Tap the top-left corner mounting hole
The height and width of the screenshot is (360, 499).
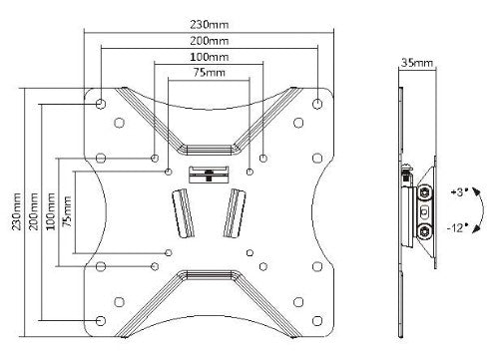point(102,103)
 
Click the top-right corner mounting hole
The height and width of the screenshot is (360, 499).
point(317,103)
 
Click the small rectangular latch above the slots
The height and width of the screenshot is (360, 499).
point(209,176)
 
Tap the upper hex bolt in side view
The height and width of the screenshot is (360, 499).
point(427,192)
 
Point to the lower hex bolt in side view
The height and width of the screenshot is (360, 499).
point(427,231)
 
